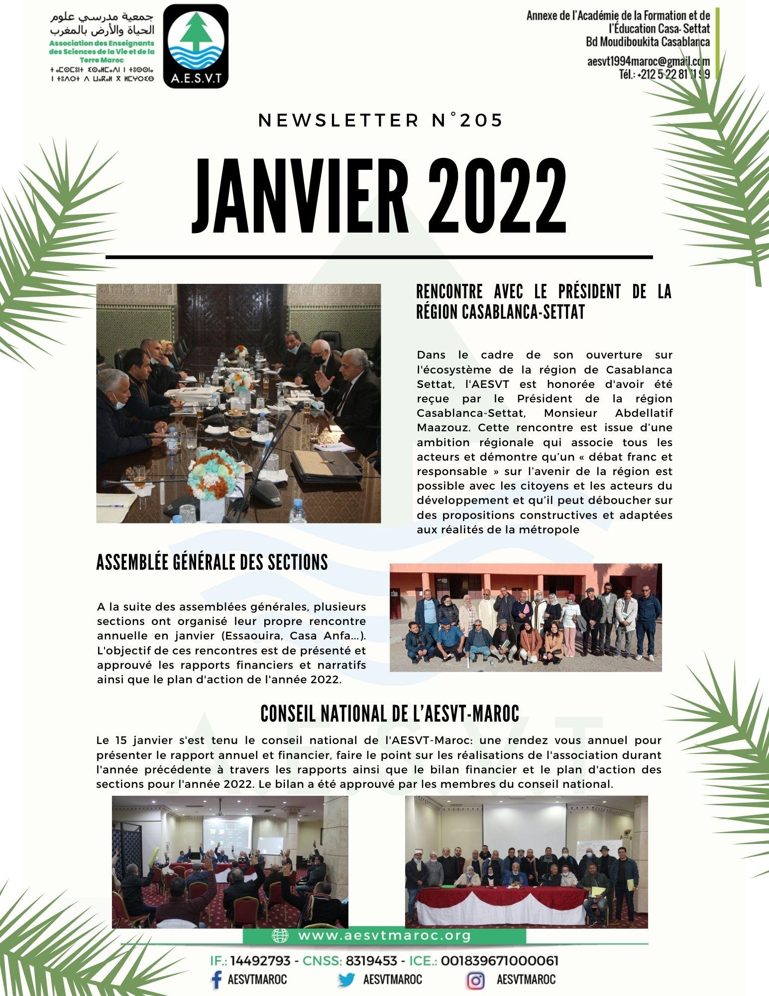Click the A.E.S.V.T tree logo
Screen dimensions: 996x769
coord(196,46)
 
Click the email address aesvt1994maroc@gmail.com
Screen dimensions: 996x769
coord(648,62)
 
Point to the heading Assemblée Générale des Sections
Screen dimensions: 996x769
coord(212,562)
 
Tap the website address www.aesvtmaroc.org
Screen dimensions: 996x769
coord(384,936)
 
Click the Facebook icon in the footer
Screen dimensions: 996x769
coord(217,979)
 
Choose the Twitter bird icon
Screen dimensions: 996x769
coord(346,979)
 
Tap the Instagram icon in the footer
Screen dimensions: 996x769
coord(476,979)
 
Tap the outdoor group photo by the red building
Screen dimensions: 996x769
coord(526,618)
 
